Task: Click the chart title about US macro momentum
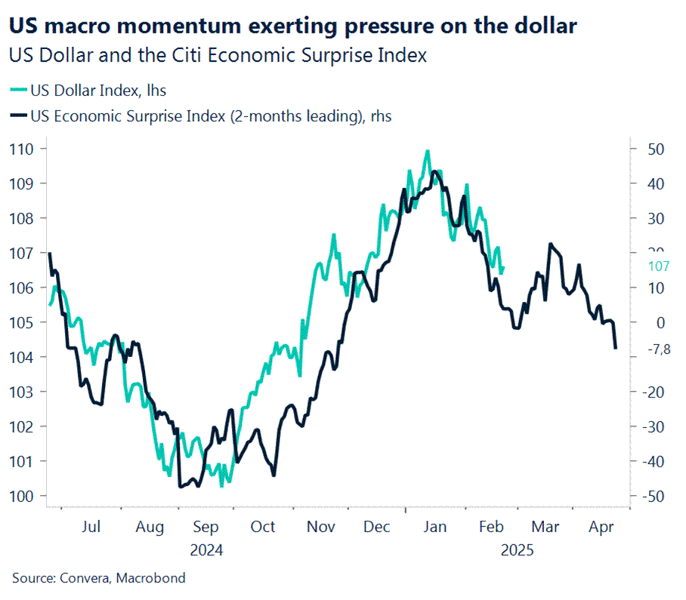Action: click(x=293, y=26)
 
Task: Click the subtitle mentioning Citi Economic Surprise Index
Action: click(x=218, y=55)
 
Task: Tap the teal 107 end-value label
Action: click(x=659, y=266)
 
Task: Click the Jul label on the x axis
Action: click(x=91, y=526)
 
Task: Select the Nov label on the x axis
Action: click(x=320, y=526)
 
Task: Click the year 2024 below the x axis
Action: click(x=206, y=550)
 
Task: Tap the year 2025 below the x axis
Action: click(x=517, y=550)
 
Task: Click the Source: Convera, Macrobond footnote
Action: click(x=98, y=578)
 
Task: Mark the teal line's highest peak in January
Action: click(x=428, y=151)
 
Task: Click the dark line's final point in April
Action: click(x=616, y=348)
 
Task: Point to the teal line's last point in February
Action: click(x=503, y=267)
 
